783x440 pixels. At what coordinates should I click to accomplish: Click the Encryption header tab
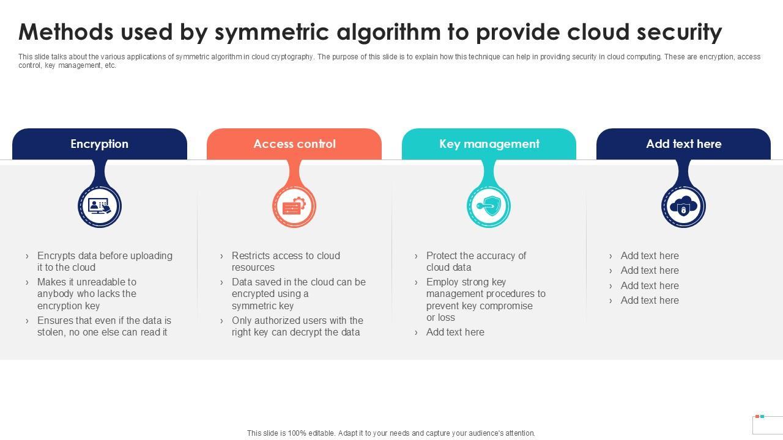click(99, 144)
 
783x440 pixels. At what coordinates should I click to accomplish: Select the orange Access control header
click(294, 144)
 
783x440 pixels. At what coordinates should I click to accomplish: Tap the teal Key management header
click(489, 144)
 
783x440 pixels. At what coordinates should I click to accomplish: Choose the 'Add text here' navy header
click(683, 144)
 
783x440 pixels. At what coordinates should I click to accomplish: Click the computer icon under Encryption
click(100, 206)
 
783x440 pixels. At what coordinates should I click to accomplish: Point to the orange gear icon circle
click(294, 206)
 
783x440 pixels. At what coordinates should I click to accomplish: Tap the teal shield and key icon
click(489, 206)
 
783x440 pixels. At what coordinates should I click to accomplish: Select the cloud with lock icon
click(683, 206)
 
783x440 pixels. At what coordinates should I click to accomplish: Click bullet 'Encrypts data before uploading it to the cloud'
click(105, 262)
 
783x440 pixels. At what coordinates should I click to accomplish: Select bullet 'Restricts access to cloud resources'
click(286, 262)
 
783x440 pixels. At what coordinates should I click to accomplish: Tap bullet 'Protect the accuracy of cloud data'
click(476, 262)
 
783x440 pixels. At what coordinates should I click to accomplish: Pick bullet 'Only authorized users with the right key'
click(297, 326)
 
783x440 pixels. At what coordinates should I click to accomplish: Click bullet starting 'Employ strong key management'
click(486, 299)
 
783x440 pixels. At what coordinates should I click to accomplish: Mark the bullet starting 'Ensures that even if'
click(104, 326)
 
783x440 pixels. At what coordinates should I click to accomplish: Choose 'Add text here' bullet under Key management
click(455, 332)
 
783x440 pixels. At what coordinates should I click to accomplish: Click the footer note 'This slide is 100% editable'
click(391, 433)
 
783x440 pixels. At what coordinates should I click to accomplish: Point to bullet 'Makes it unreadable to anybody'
click(87, 294)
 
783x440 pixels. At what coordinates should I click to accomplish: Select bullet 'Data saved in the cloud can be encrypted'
click(299, 294)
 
